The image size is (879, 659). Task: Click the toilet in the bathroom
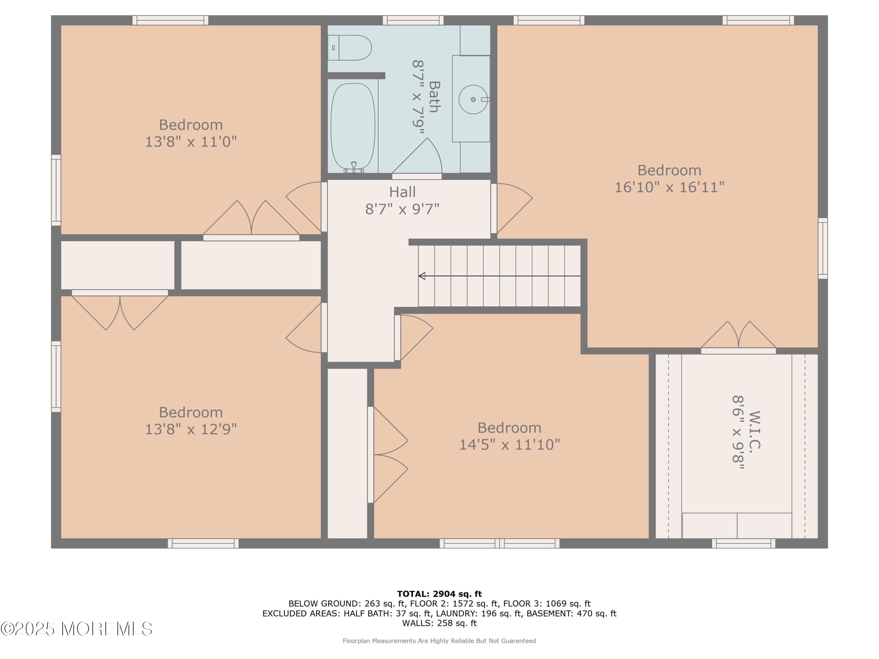349,48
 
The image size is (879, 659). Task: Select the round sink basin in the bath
473,99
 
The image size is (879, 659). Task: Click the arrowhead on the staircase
422,276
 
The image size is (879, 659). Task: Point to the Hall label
402,192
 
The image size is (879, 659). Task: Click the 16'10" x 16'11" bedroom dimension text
670,187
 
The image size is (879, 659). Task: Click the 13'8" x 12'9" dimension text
191,429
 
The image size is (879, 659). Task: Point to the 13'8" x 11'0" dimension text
191,142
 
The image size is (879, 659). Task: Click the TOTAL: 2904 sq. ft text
439,594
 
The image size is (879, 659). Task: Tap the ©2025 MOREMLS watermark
76,629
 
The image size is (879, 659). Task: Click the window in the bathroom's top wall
413,20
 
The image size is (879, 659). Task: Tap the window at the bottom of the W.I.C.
744,543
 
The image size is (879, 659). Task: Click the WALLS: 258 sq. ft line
439,623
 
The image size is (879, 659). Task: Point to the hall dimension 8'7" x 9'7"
402,209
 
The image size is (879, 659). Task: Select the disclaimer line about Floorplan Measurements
439,641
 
